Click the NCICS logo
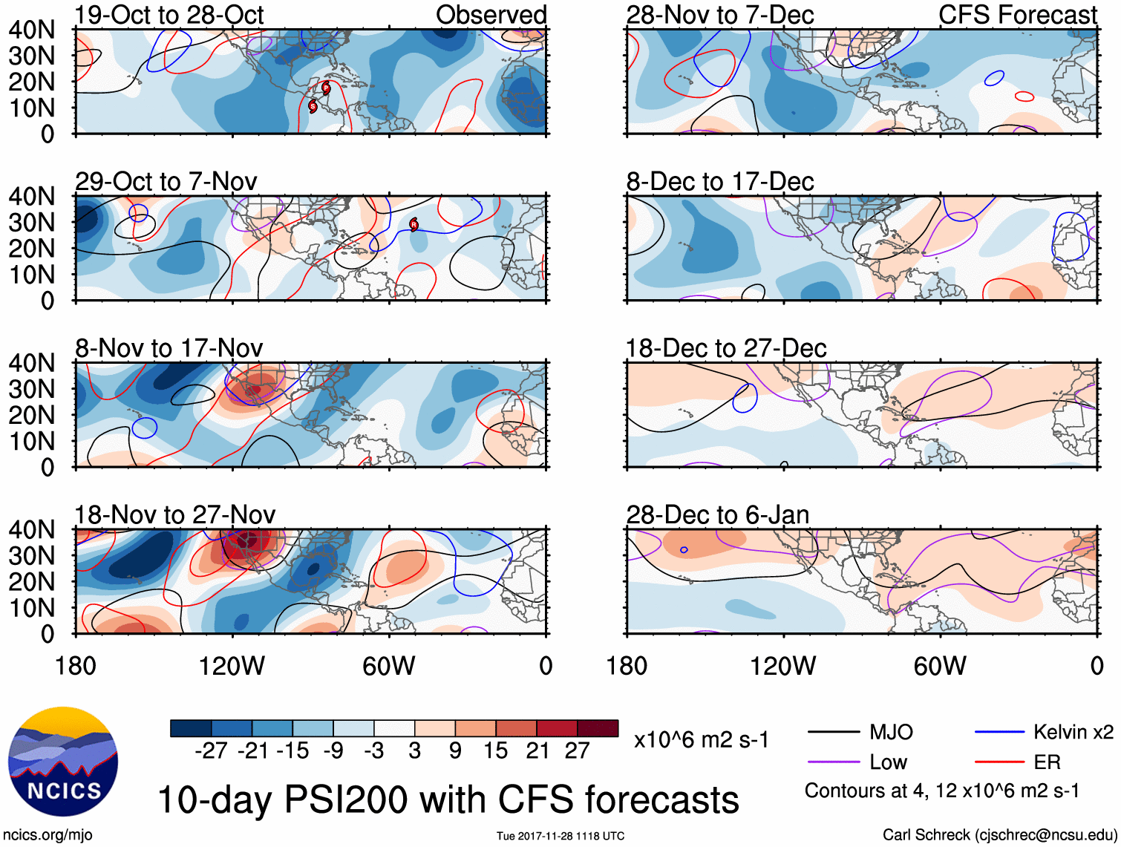[x=63, y=762]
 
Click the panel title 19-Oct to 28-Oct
[x=169, y=15]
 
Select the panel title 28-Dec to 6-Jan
[x=717, y=514]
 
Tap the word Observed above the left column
[x=491, y=15]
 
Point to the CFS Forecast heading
[x=1018, y=15]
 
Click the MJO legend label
[x=891, y=733]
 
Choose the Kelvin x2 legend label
[x=1073, y=733]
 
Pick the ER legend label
[x=1047, y=762]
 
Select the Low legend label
[x=888, y=762]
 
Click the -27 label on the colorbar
[x=211, y=751]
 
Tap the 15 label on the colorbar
[x=496, y=751]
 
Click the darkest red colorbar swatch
[x=598, y=728]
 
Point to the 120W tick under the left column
[x=232, y=666]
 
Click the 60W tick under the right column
[x=940, y=666]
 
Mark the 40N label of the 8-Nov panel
[x=32, y=363]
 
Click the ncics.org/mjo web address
[x=48, y=835]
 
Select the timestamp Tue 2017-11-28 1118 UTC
[x=560, y=836]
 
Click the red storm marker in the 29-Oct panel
[x=414, y=224]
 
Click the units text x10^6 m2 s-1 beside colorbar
[x=702, y=740]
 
